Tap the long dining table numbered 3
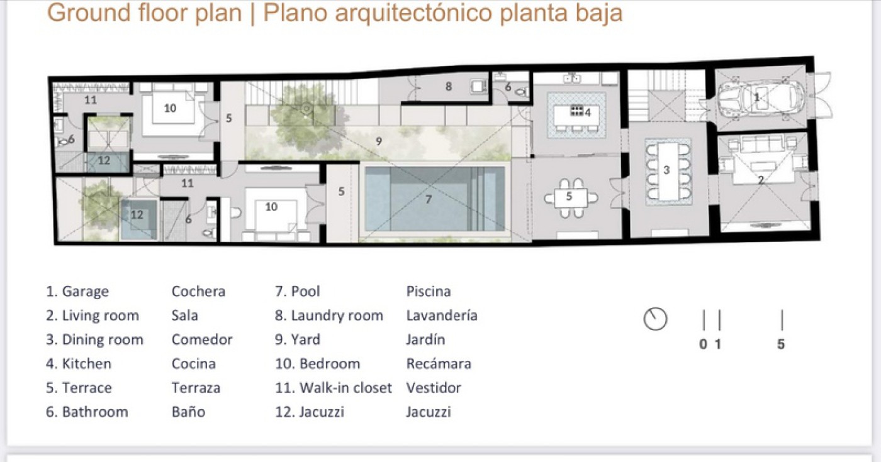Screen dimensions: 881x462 pyautogui.click(x=668, y=171)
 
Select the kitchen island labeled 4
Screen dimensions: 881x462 pyautogui.click(x=576, y=114)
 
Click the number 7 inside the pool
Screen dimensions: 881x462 pyautogui.click(x=429, y=200)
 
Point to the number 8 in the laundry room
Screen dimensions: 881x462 pyautogui.click(x=448, y=87)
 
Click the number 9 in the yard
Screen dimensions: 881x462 pyautogui.click(x=378, y=141)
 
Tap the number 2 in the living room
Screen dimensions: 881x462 pyautogui.click(x=761, y=180)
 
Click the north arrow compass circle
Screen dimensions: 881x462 pyautogui.click(x=655, y=319)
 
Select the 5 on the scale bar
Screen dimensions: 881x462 pyautogui.click(x=781, y=344)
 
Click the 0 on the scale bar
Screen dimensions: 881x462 pyautogui.click(x=704, y=344)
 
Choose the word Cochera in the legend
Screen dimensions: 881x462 pyautogui.click(x=198, y=291)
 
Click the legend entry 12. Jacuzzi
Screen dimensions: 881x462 pyautogui.click(x=310, y=412)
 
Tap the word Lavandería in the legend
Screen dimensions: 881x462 pyautogui.click(x=442, y=316)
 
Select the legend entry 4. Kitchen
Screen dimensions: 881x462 pyautogui.click(x=79, y=364)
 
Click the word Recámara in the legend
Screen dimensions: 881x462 pyautogui.click(x=439, y=364)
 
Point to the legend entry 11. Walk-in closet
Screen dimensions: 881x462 pyautogui.click(x=334, y=388)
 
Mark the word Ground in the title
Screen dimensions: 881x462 pyautogui.click(x=89, y=13)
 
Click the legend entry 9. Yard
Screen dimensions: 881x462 pyautogui.click(x=298, y=339)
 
